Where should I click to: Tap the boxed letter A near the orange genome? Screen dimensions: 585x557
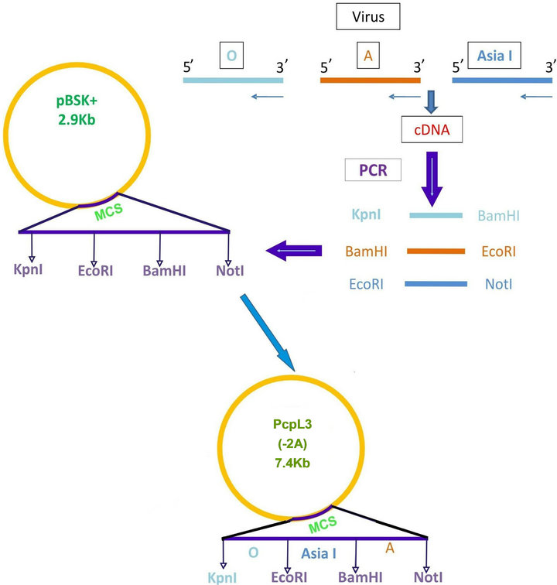[x=369, y=56]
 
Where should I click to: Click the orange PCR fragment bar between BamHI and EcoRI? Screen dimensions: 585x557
[x=435, y=251]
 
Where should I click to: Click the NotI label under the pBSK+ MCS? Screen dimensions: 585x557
[x=231, y=271]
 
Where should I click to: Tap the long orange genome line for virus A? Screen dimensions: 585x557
[x=370, y=80]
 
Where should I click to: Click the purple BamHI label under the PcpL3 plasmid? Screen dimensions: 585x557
[x=354, y=577]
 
